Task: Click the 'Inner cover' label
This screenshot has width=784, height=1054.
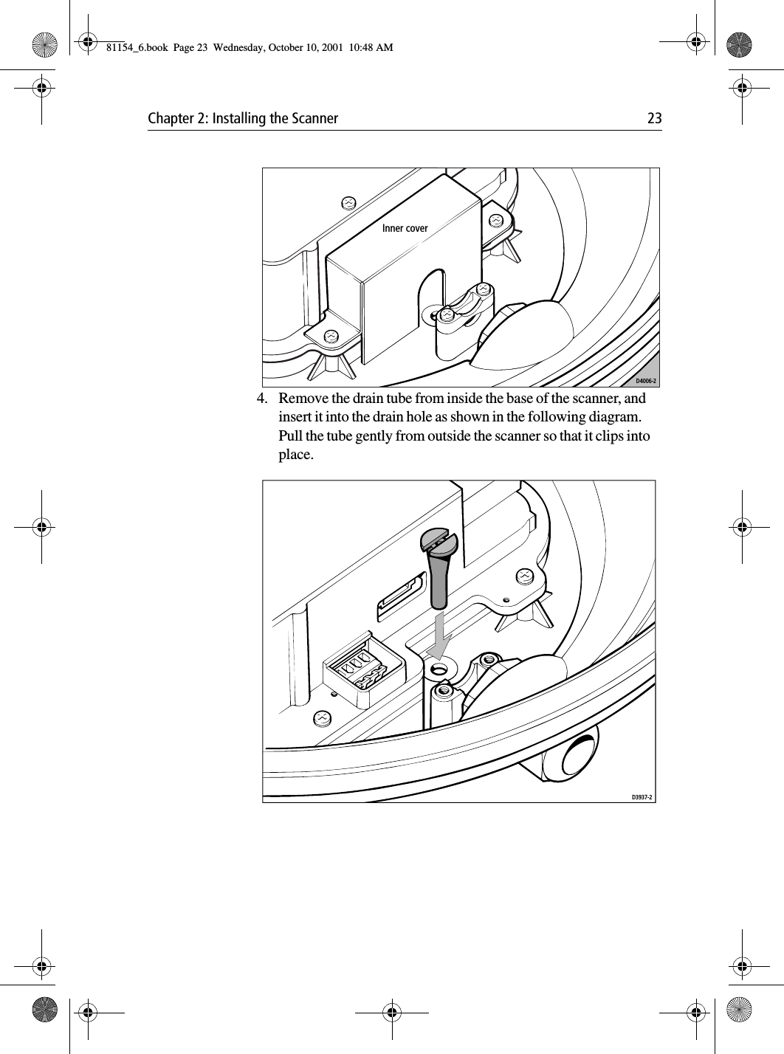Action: click(405, 229)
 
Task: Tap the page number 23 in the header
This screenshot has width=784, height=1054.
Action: click(654, 119)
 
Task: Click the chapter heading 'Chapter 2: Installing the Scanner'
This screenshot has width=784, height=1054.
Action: click(243, 119)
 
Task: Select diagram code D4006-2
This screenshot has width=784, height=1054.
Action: click(647, 382)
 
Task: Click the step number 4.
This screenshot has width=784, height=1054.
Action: click(261, 399)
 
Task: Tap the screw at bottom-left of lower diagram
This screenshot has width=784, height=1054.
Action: click(321, 717)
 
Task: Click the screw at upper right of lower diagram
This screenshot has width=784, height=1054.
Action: click(524, 575)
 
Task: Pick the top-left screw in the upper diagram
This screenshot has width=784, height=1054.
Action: click(348, 202)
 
